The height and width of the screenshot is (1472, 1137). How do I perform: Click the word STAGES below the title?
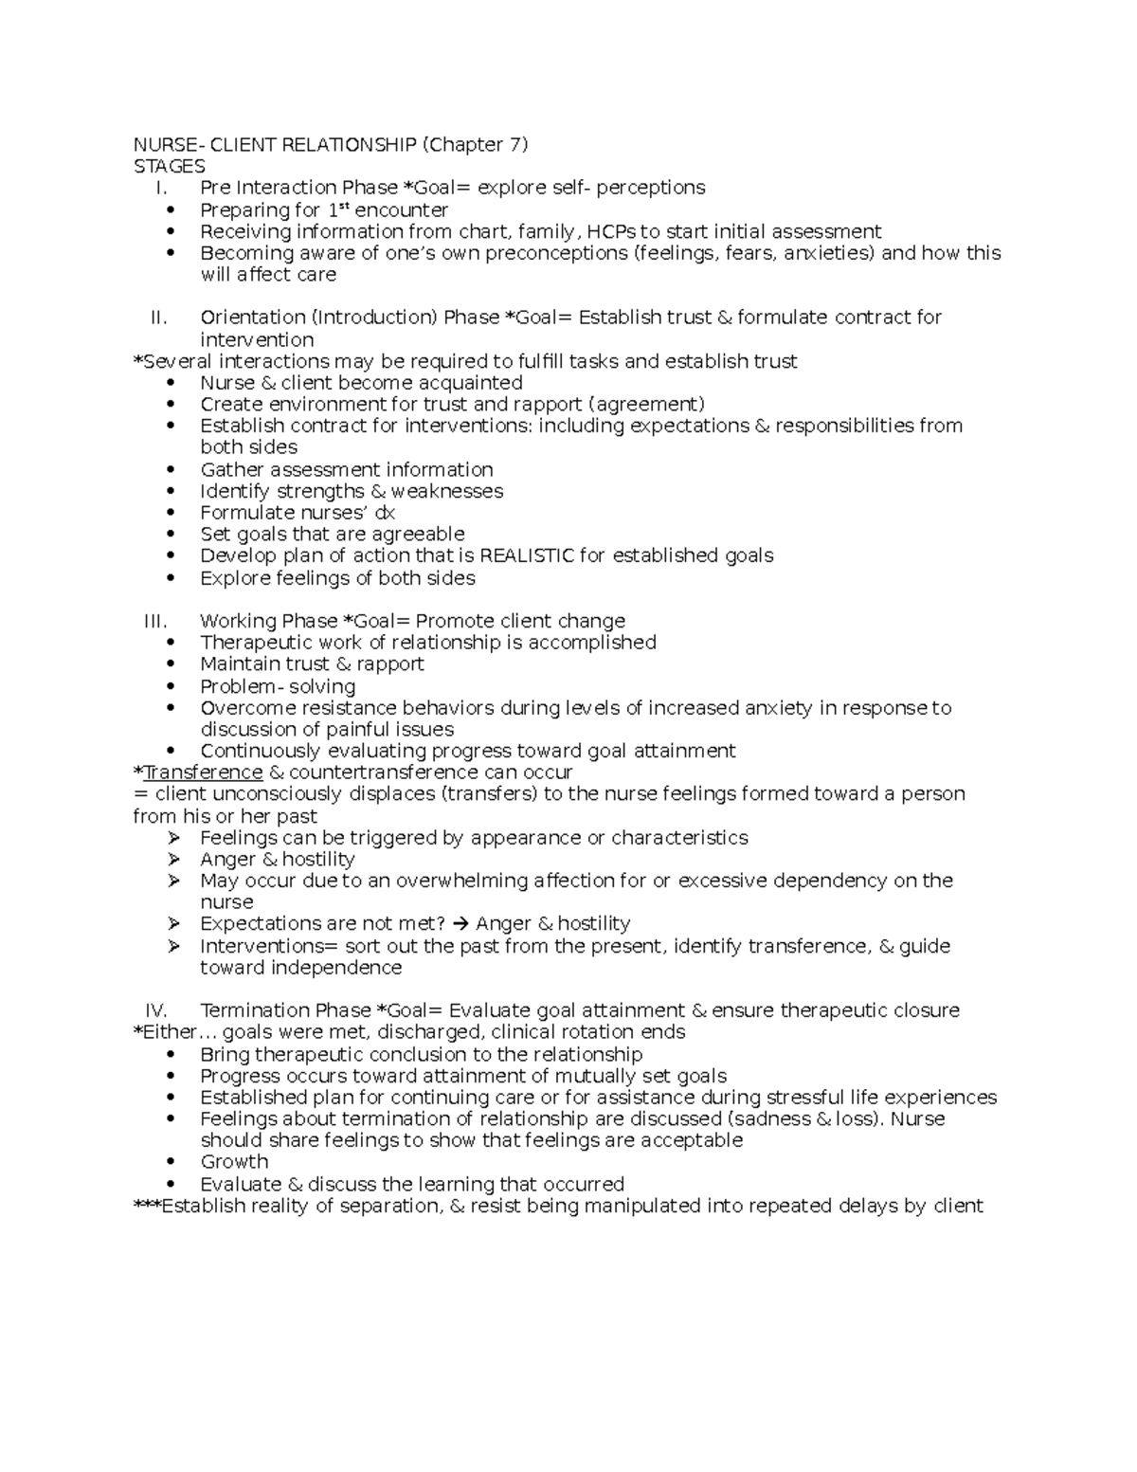[169, 166]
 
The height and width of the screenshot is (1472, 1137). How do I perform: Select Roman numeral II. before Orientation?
[158, 318]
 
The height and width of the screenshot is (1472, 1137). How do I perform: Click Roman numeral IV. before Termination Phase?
[155, 1010]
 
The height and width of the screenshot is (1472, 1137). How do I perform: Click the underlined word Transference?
[203, 772]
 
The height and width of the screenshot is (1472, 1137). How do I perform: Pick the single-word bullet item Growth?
[234, 1162]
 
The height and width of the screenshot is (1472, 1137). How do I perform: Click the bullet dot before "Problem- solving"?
[171, 686]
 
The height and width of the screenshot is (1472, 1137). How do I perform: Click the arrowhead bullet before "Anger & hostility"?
[173, 860]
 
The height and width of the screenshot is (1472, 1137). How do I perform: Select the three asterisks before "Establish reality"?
[147, 1206]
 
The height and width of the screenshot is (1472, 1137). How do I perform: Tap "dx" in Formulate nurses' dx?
[384, 513]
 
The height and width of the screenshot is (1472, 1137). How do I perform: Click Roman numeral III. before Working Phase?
[155, 622]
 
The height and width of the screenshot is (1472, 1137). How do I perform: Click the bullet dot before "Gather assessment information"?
[171, 470]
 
